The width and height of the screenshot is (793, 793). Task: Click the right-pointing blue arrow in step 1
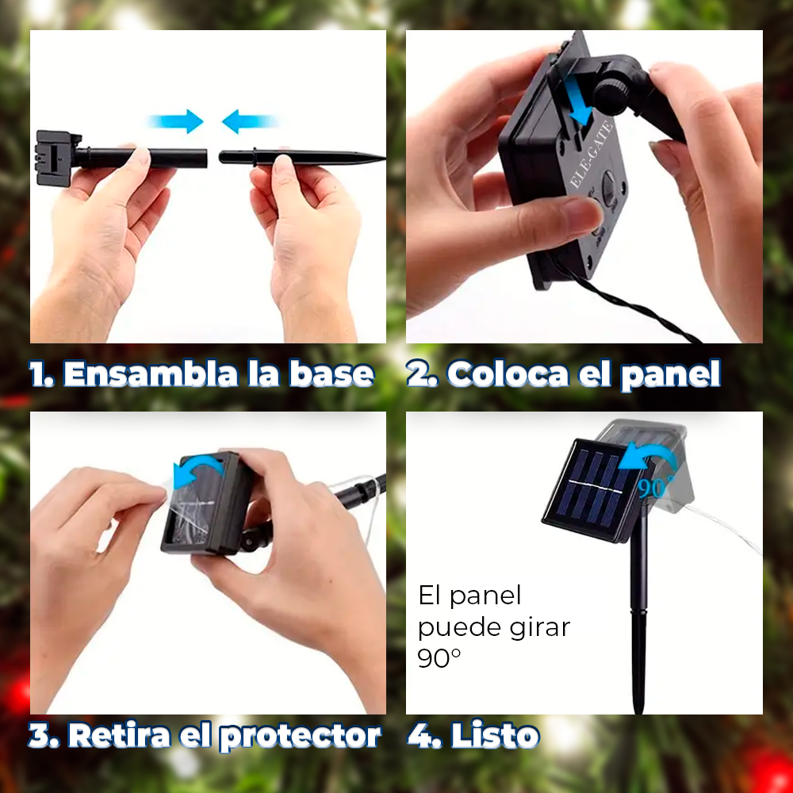coord(176,121)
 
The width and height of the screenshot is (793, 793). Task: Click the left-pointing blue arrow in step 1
coord(249,121)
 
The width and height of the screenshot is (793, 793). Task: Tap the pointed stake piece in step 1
coord(302,157)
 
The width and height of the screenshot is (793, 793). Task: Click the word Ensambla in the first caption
coord(151,374)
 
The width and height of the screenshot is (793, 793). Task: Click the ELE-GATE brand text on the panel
coord(592,155)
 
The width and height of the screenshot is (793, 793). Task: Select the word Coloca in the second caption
coord(508,374)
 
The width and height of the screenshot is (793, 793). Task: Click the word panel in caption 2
coord(671,375)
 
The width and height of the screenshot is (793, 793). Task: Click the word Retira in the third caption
coord(120,735)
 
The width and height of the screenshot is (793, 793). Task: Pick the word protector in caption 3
coord(301,737)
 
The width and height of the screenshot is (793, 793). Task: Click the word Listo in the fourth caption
coord(495,735)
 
